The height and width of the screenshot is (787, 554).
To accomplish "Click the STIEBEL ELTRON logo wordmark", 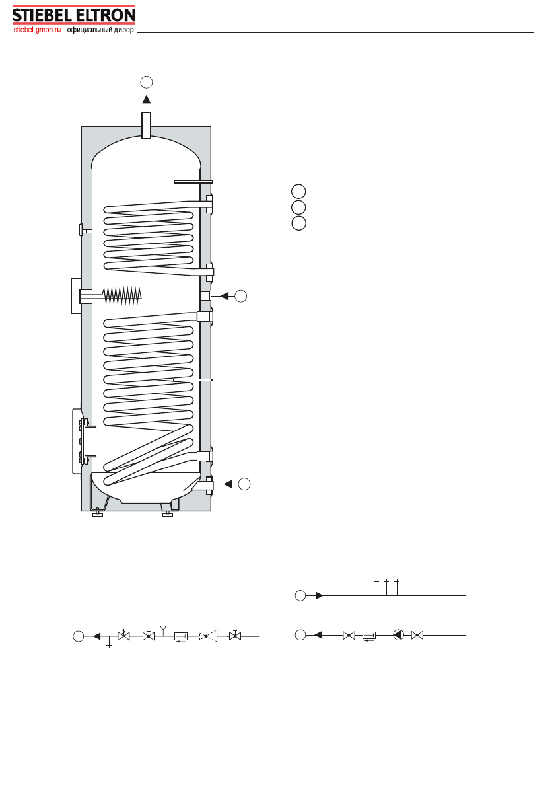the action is point(74,16).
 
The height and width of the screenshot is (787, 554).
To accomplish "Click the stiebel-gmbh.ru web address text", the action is point(37,30).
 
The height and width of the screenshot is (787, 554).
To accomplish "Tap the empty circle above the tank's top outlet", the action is point(146,82).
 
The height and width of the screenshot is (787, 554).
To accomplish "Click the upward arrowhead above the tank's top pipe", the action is point(146,98).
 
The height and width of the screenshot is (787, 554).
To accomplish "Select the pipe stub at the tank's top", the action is point(146,126).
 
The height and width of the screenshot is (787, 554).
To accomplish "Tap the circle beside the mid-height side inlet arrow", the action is point(240,296).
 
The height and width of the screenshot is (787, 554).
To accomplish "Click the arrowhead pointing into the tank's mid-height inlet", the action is point(225,296).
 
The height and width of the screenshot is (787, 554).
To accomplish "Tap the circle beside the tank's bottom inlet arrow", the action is point(244,484).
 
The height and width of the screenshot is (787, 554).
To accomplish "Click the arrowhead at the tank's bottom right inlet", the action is point(228,484).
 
